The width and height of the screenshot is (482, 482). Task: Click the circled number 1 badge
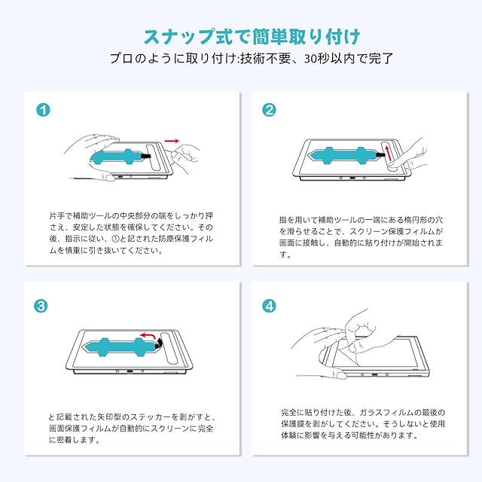pyautogui.click(x=43, y=110)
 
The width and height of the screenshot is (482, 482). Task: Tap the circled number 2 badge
pyautogui.click(x=269, y=110)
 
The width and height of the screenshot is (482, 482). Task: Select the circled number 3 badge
pyautogui.click(x=41, y=306)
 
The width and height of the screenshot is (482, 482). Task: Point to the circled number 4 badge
pyautogui.click(x=269, y=306)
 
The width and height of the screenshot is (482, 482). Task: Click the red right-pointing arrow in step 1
pyautogui.click(x=172, y=141)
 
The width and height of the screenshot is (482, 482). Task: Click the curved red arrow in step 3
pyautogui.click(x=148, y=335)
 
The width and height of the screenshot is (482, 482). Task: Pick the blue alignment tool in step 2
pyautogui.click(x=344, y=155)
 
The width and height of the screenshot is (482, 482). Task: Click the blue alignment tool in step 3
pyautogui.click(x=120, y=347)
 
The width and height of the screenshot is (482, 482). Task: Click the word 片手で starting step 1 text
pyautogui.click(x=61, y=215)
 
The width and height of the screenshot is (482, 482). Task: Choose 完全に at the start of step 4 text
pyautogui.click(x=293, y=412)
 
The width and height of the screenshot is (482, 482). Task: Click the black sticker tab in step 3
pyautogui.click(x=159, y=343)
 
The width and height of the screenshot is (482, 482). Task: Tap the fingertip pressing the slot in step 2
pyautogui.click(x=393, y=166)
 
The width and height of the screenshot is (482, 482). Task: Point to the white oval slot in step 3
pyautogui.click(x=170, y=348)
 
